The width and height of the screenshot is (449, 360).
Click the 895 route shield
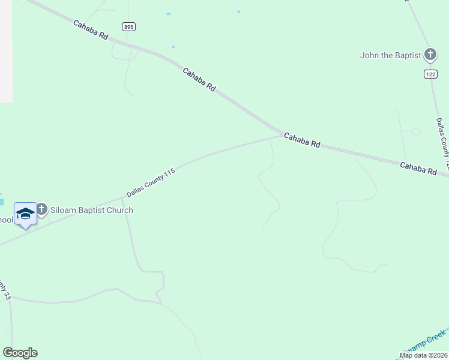click(128, 26)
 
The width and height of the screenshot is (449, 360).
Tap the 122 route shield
click(430, 73)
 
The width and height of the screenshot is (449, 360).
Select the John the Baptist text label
click(390, 56)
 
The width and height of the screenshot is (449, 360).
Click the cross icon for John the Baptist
click(430, 55)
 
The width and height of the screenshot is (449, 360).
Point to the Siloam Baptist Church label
click(92, 211)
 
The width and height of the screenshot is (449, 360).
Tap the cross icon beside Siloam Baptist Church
click(41, 209)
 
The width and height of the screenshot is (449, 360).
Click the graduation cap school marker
click(25, 214)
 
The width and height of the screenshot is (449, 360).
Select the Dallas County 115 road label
click(151, 183)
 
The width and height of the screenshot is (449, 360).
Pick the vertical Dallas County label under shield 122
click(442, 143)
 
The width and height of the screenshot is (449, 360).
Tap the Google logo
click(20, 353)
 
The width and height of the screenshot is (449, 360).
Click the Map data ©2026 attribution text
click(423, 355)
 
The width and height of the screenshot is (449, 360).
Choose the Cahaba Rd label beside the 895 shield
click(90, 30)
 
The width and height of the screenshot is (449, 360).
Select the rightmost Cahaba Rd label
click(418, 168)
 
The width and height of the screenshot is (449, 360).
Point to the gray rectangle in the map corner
click(6, 51)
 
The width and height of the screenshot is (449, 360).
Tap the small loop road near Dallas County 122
click(415, 130)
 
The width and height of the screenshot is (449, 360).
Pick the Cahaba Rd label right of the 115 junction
click(302, 140)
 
